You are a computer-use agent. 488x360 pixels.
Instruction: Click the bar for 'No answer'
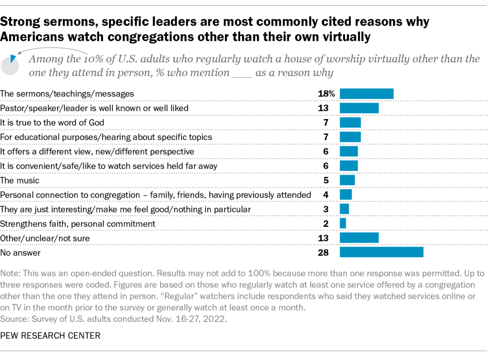(x=381, y=252)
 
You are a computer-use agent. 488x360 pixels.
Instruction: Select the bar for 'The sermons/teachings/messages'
(x=366, y=94)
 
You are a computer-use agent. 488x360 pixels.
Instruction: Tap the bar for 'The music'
(x=347, y=180)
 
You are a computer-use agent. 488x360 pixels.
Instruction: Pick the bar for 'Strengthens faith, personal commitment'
(x=343, y=223)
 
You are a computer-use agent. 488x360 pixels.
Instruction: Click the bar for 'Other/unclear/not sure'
(x=359, y=238)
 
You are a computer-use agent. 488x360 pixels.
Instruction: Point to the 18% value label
(x=326, y=94)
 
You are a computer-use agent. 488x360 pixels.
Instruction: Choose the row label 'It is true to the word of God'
(x=52, y=122)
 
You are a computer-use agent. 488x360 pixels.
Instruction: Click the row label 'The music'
(x=20, y=180)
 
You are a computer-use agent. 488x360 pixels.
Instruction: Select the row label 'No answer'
(x=20, y=252)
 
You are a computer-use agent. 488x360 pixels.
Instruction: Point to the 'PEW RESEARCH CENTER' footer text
(x=51, y=336)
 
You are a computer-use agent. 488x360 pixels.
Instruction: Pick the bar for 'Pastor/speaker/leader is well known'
(x=359, y=108)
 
